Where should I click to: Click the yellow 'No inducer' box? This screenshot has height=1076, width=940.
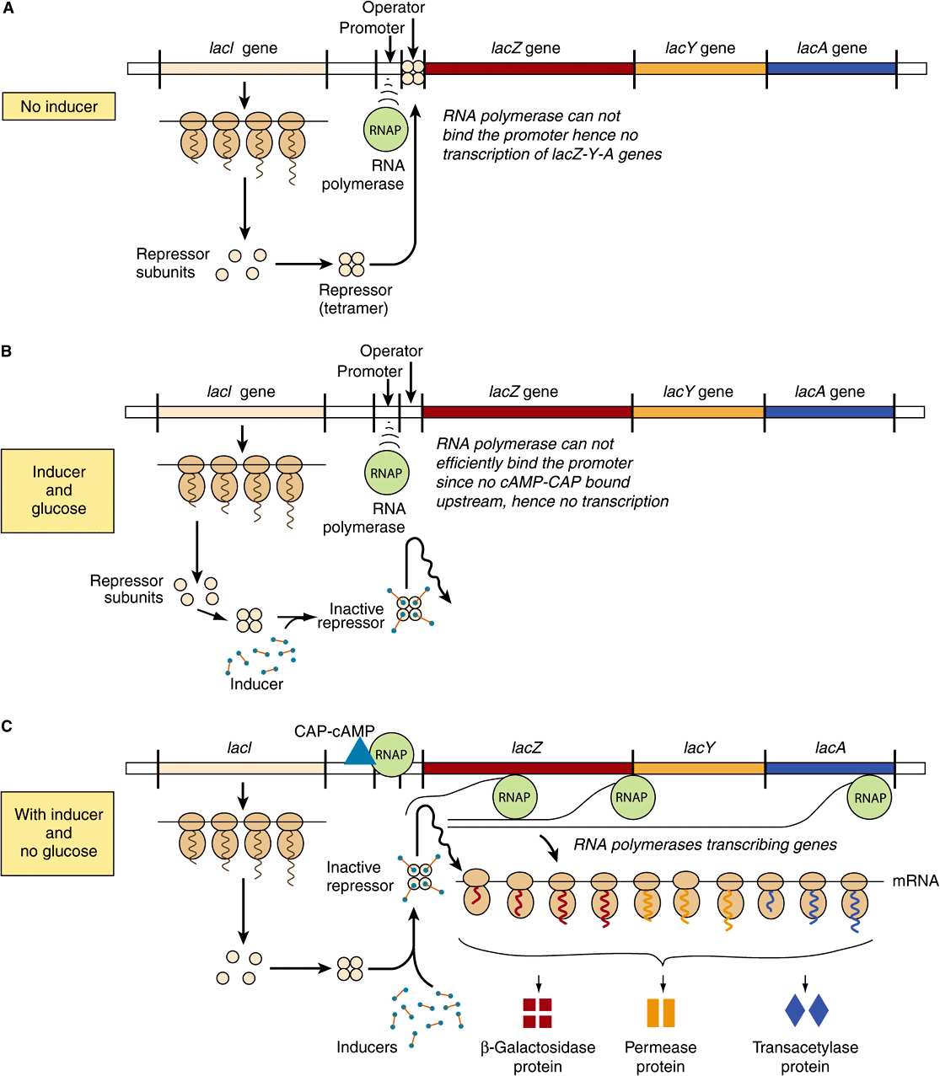click(59, 106)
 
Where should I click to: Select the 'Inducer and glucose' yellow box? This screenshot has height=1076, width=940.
click(58, 490)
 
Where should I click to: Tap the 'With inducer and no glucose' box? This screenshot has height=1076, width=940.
click(58, 833)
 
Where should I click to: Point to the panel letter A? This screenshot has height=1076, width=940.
click(8, 8)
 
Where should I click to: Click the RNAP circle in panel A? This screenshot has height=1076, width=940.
click(385, 130)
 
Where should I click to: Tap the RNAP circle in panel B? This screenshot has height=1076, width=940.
click(386, 473)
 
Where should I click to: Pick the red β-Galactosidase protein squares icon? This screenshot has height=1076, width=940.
click(537, 1013)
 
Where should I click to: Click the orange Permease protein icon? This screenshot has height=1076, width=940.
click(661, 1013)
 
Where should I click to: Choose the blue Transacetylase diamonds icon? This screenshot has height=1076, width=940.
click(807, 1010)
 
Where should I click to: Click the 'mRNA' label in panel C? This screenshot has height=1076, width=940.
click(915, 881)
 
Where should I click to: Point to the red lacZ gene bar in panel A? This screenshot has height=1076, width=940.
click(529, 68)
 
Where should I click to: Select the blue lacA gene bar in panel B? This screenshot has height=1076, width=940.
click(830, 412)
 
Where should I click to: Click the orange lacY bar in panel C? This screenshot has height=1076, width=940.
click(699, 768)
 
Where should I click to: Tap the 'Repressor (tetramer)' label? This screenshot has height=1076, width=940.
click(355, 299)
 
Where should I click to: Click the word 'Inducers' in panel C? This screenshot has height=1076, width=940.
click(367, 1047)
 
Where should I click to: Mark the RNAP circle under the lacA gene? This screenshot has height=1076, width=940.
click(870, 798)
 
